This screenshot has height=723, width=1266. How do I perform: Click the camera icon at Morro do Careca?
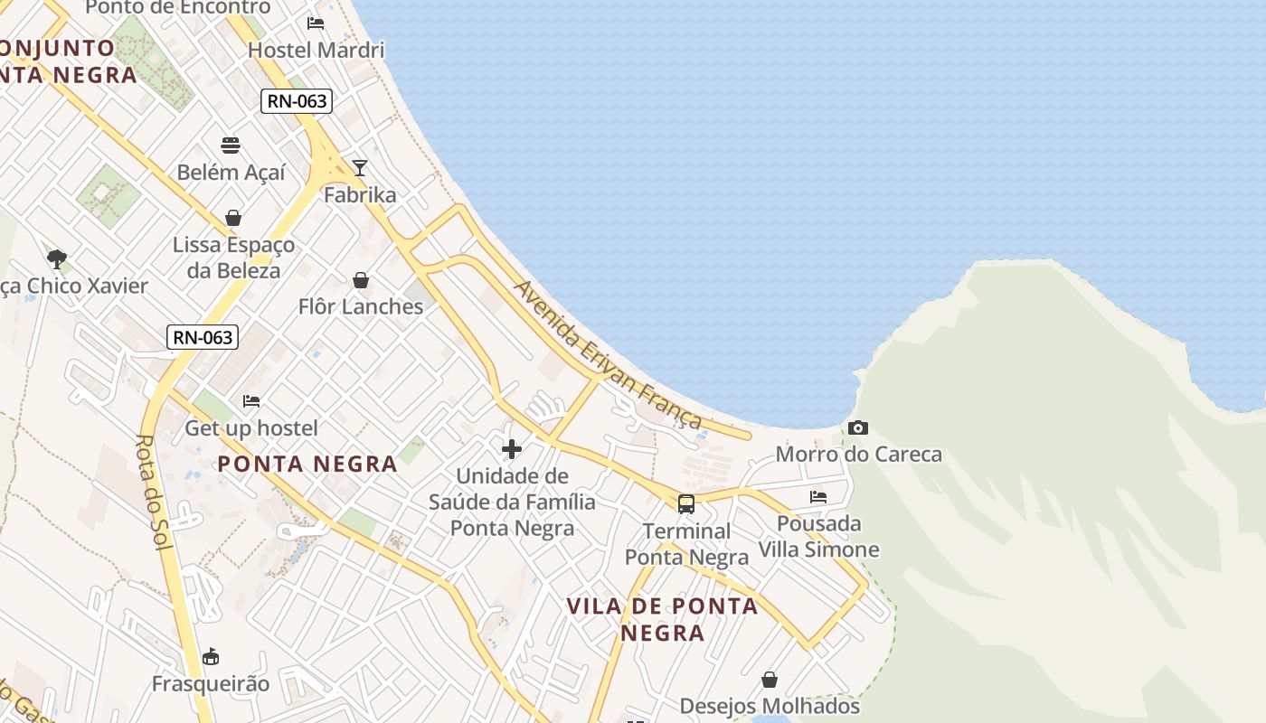coord(858,427)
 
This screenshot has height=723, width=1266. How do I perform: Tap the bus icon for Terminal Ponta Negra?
coord(686,503)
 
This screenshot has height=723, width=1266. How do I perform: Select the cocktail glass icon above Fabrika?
coord(360,168)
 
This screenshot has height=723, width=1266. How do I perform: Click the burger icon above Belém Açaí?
coord(231,146)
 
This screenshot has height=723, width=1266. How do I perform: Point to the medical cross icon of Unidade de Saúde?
coord(512,448)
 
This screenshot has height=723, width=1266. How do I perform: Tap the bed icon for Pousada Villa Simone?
coord(818,496)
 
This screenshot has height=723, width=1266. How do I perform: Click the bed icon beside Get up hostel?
coord(251,400)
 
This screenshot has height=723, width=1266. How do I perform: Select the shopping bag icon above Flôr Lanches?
coord(361,280)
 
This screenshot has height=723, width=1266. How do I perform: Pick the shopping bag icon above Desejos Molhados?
coord(769,679)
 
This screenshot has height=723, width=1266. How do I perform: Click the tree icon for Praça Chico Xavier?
coord(57,259)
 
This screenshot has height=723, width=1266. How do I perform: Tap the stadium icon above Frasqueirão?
coord(211,656)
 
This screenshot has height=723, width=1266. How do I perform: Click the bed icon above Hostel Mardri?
coord(316,23)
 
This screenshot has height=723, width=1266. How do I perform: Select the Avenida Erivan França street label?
coord(608,354)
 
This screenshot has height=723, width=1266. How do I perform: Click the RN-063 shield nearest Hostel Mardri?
coord(297,101)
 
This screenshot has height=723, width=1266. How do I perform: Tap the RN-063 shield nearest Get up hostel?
coord(203,337)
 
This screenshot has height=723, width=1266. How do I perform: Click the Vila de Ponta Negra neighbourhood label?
coord(662,619)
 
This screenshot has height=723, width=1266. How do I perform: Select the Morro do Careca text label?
coord(858,454)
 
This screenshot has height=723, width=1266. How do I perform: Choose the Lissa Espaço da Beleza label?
coord(233,258)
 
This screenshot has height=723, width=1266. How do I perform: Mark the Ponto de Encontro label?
coord(177,8)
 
